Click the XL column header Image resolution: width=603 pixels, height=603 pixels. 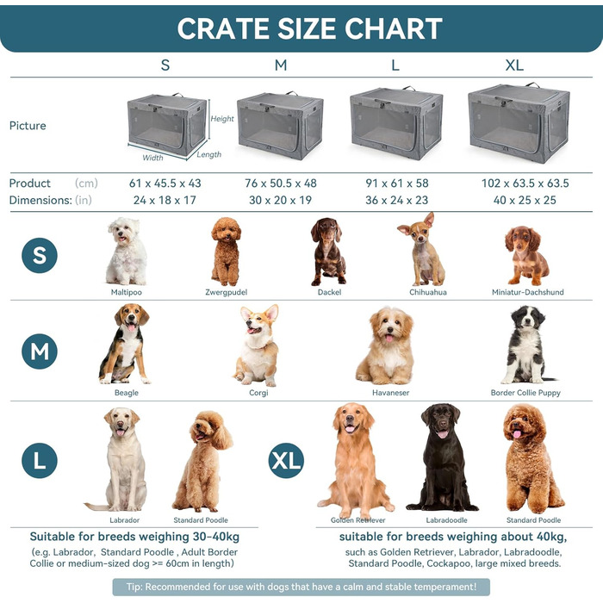pos(514,65)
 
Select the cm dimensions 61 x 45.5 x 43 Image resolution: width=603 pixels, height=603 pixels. pos(165,183)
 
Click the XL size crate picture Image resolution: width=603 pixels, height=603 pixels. pos(508,122)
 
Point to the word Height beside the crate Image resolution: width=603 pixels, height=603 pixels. pos(222,119)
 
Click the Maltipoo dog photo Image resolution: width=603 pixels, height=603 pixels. pos(127,251)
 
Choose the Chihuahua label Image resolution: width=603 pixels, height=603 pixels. pos(421,292)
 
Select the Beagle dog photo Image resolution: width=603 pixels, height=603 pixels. pos(126,345)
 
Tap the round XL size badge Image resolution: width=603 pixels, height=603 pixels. pos(285,461)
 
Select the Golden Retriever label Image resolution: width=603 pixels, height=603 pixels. pos(358,520)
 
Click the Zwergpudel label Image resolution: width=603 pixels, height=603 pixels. pos(225,292)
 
